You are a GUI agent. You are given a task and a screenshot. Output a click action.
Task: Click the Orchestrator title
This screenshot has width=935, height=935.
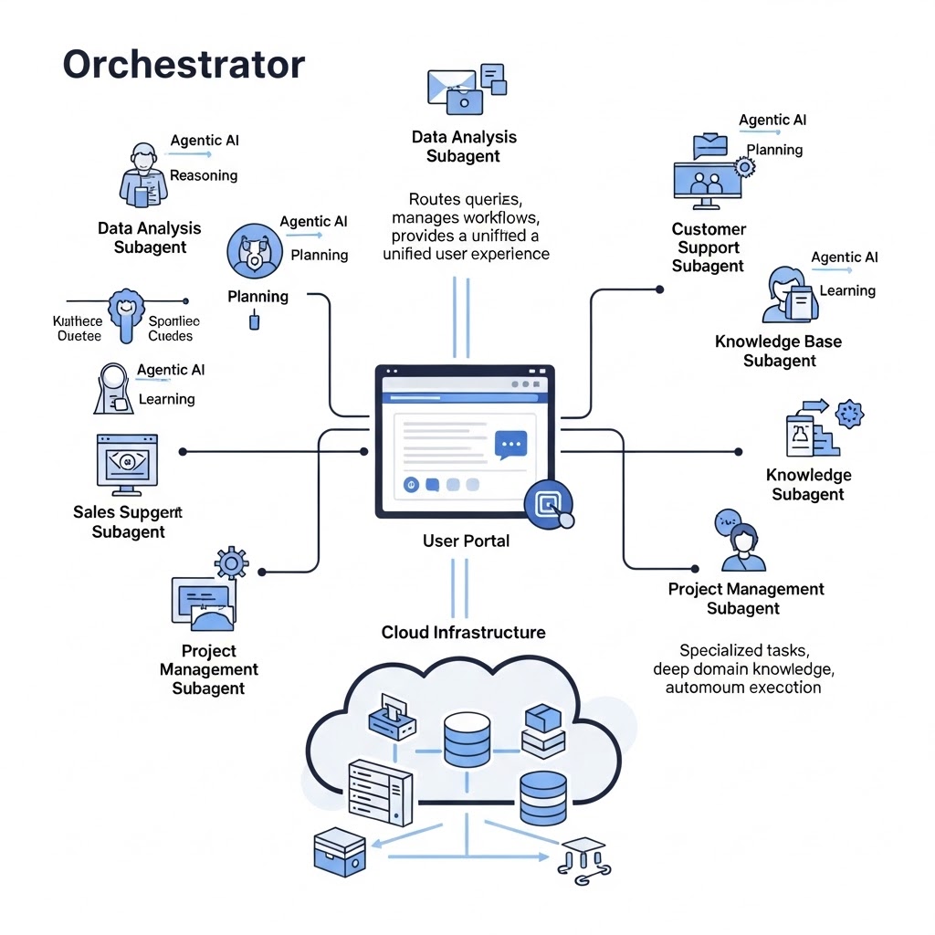click(183, 65)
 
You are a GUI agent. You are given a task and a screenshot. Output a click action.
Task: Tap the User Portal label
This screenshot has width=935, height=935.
click(466, 541)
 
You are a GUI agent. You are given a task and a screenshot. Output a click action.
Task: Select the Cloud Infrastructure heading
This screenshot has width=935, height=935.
click(463, 632)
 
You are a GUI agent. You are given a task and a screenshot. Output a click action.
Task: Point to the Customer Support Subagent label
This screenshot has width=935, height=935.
click(709, 247)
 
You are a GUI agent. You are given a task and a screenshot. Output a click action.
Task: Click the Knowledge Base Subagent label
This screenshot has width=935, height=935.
click(778, 351)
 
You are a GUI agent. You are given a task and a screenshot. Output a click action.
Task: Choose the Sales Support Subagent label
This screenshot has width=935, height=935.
click(128, 522)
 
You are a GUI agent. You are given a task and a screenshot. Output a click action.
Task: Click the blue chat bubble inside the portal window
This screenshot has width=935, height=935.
click(511, 445)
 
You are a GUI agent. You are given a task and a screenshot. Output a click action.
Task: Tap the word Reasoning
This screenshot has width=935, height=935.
click(204, 175)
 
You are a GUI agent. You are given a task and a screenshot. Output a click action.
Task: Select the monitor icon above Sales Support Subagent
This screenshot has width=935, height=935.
click(127, 462)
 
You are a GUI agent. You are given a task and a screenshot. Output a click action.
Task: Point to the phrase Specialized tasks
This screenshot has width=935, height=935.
click(743, 650)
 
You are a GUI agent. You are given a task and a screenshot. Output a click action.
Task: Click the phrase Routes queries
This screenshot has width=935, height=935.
click(466, 199)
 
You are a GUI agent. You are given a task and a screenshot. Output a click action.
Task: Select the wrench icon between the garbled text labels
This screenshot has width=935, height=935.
click(125, 312)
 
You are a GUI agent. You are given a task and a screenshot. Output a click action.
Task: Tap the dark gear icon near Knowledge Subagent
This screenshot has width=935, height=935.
click(849, 414)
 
